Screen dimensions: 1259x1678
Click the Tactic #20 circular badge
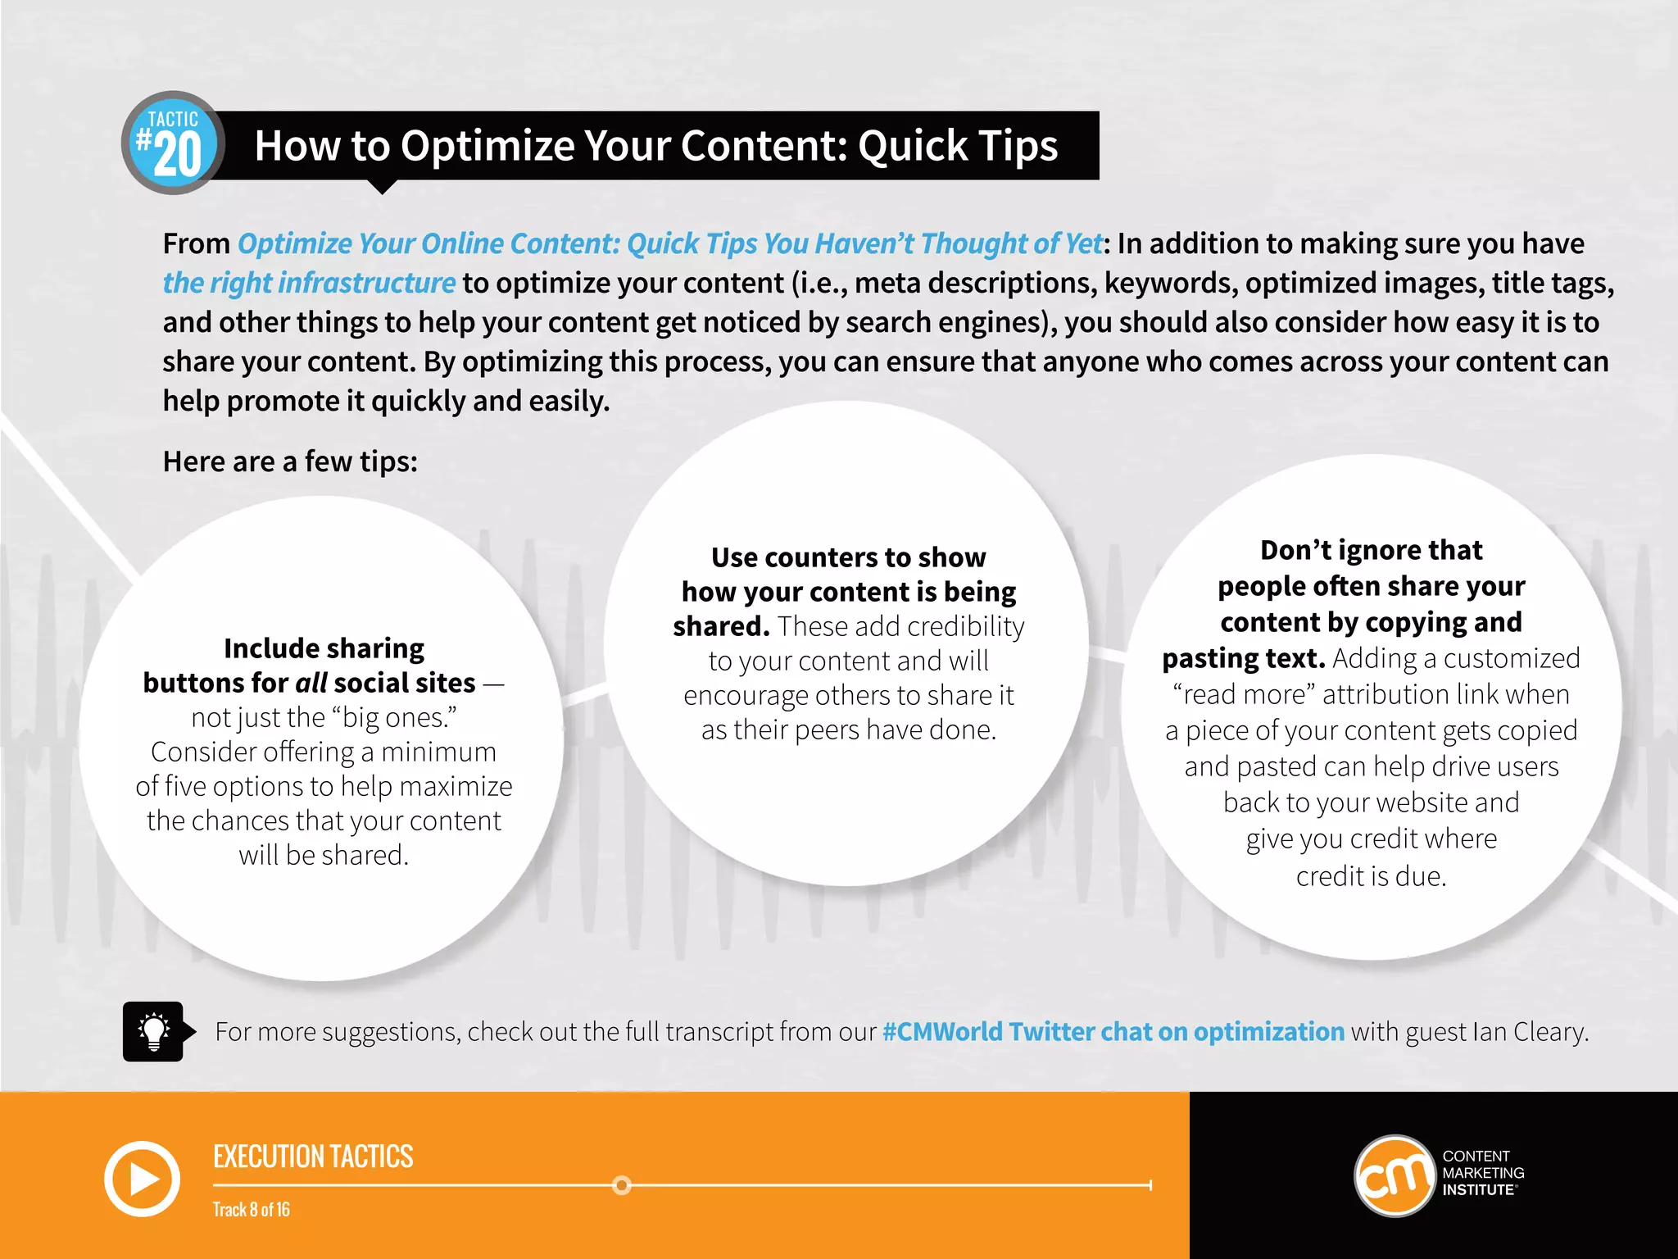pyautogui.click(x=173, y=143)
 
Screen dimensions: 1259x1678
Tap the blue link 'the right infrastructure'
pyautogui.click(x=309, y=283)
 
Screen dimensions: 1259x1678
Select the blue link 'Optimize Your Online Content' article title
pyautogui.click(x=670, y=243)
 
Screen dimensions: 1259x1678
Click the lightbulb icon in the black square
pyautogui.click(x=153, y=1031)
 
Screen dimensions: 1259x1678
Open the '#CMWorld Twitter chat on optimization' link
pyautogui.click(x=1113, y=1031)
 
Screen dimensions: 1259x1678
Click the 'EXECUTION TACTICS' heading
pyautogui.click(x=313, y=1157)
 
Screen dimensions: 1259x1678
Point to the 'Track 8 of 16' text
pyautogui.click(x=251, y=1210)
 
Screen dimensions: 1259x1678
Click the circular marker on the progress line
pyautogui.click(x=622, y=1185)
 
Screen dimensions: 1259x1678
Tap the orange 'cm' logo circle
pyautogui.click(x=1395, y=1175)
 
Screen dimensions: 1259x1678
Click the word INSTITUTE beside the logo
pyautogui.click(x=1478, y=1190)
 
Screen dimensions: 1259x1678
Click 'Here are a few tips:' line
pyautogui.click(x=290, y=461)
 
